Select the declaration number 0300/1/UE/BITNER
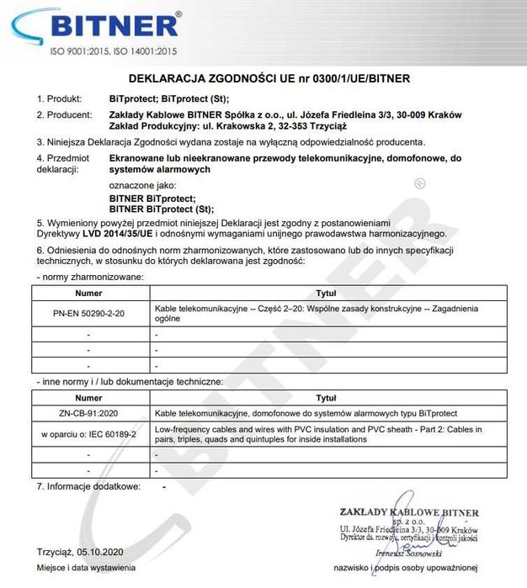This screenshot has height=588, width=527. (358, 78)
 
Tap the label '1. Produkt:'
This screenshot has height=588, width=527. (58, 98)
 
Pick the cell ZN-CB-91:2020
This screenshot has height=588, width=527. (88, 414)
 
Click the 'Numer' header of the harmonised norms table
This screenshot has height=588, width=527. (88, 294)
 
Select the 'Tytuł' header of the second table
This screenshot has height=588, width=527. (326, 397)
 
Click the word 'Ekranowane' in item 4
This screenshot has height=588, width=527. (141, 156)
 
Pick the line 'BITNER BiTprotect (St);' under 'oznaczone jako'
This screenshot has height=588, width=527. (162, 209)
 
